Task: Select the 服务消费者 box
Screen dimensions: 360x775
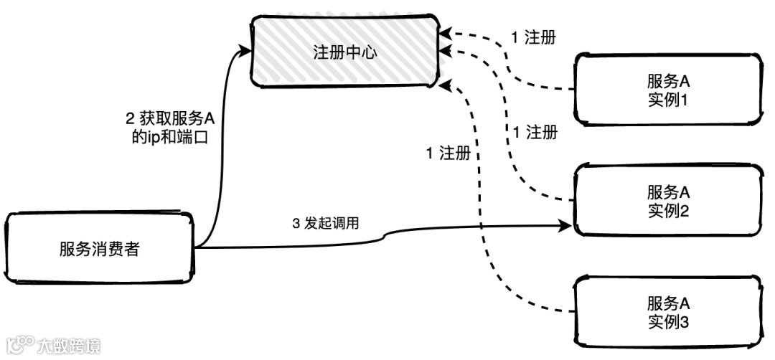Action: [100, 249]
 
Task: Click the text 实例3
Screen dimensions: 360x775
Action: [667, 321]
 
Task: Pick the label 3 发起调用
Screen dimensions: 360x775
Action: [325, 223]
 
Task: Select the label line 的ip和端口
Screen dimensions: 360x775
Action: [165, 136]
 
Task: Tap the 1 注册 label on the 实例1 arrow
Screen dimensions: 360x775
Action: [533, 37]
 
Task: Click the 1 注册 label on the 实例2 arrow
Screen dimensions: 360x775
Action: [535, 132]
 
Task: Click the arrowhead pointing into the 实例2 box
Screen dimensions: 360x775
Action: [567, 227]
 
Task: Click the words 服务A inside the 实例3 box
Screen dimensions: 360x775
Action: [667, 303]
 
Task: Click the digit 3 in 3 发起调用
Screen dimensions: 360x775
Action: [296, 223]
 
